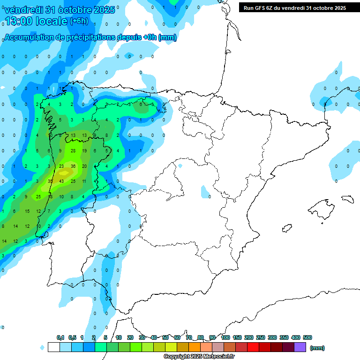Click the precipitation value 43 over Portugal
pos(61,181)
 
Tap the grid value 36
pos(73,166)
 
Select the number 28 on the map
pos(73,150)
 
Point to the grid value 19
pos(84,150)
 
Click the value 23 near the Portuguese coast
pos(61,166)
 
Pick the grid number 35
pos(50,181)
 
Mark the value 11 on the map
pos(84,181)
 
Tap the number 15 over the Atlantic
pos(27,211)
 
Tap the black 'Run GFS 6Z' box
pos(295,8)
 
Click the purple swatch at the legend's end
pos(300,347)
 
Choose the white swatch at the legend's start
pos(53,347)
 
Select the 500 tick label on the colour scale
pos(307,337)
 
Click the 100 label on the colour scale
pos(225,337)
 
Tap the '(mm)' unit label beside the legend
pos(317,348)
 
